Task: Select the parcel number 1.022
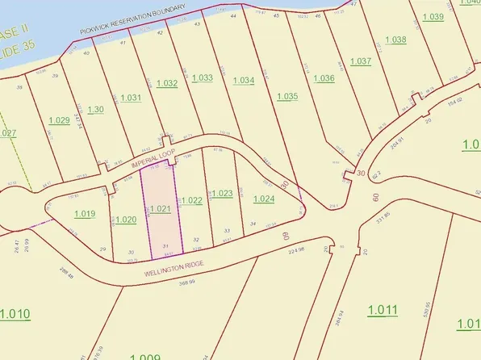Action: pos(191,200)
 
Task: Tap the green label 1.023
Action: pos(222,193)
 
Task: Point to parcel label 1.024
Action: pos(263,199)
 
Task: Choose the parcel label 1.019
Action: pos(85,214)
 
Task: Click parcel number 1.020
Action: pos(126,220)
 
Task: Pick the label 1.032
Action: pos(167,82)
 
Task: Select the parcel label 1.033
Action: pos(202,77)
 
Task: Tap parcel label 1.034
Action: pos(244,80)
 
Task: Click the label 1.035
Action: pos(287,96)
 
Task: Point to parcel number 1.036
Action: pos(324,78)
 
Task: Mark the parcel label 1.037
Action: pos(361,61)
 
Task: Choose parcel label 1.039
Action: pos(433,17)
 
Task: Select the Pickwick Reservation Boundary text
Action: pos(132,19)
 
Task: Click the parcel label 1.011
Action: pos(383,310)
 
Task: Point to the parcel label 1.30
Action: pos(95,110)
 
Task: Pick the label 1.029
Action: pos(59,120)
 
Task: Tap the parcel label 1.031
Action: pos(131,98)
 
